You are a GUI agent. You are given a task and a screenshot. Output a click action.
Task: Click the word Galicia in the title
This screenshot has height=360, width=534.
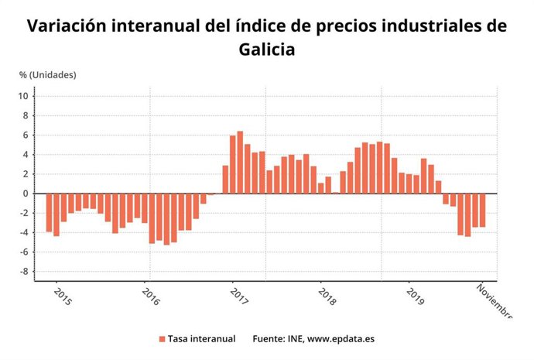tap(267, 50)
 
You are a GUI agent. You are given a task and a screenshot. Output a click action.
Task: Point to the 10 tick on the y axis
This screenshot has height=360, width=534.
tap(24, 96)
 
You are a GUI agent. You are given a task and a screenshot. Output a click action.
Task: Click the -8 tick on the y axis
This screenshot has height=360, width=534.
tap(24, 272)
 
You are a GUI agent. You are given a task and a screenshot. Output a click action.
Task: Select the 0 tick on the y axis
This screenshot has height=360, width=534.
tap(26, 194)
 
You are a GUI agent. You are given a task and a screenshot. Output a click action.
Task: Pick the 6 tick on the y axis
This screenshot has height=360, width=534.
tap(26, 135)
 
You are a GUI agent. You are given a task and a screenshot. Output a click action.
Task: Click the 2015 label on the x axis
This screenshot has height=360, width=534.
tap(63, 298)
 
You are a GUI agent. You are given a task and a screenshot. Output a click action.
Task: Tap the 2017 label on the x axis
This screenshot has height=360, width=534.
tap(238, 298)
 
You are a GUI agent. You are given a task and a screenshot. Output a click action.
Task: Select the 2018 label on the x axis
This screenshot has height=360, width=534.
tap(327, 298)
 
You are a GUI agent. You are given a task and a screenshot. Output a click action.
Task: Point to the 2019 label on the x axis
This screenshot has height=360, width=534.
tap(415, 298)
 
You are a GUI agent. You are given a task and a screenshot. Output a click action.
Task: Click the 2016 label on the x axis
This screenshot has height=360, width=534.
tap(151, 298)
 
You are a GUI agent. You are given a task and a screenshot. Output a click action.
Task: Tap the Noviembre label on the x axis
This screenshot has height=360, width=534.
tap(494, 301)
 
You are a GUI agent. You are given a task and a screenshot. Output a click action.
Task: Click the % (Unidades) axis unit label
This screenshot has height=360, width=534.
tap(48, 75)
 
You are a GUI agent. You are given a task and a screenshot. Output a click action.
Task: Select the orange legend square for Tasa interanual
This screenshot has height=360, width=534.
tap(162, 339)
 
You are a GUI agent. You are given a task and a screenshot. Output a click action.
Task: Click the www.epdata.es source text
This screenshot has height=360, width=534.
tap(341, 339)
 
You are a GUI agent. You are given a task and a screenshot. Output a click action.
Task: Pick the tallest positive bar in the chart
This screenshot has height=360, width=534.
tap(240, 163)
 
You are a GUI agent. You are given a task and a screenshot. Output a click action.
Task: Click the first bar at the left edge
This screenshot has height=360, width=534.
tap(49, 212)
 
